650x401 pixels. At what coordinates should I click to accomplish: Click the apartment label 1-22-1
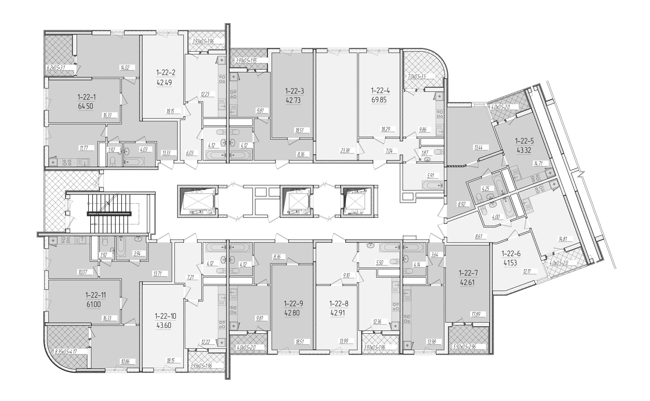click(x=87, y=97)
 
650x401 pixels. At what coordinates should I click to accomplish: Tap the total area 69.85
click(x=379, y=100)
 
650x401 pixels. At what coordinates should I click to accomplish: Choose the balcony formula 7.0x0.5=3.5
click(x=416, y=77)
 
